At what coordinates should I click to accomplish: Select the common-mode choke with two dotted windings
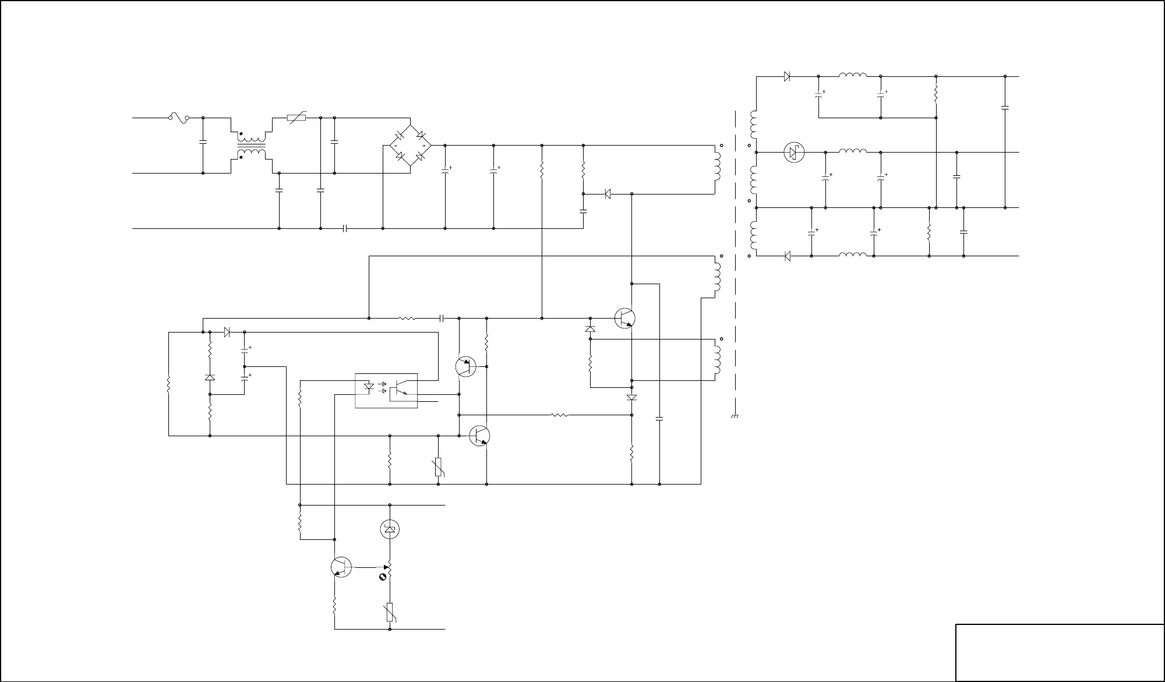[251, 146]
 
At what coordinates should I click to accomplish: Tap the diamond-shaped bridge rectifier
[410, 146]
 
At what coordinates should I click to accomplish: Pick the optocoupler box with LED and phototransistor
[386, 390]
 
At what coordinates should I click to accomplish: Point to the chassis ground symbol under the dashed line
[735, 416]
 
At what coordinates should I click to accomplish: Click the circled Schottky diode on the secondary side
[794, 153]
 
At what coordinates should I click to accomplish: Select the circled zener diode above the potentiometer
[390, 529]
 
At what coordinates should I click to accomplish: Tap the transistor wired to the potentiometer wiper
[341, 567]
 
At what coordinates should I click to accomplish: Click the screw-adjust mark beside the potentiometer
[383, 577]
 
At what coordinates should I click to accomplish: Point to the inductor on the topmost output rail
[853, 75]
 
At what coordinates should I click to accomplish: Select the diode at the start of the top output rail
[787, 76]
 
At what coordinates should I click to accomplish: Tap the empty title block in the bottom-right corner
[1060, 652]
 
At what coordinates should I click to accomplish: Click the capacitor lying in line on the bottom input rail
[345, 228]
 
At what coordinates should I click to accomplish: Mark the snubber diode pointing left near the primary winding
[607, 194]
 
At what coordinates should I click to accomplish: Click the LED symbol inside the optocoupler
[369, 386]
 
